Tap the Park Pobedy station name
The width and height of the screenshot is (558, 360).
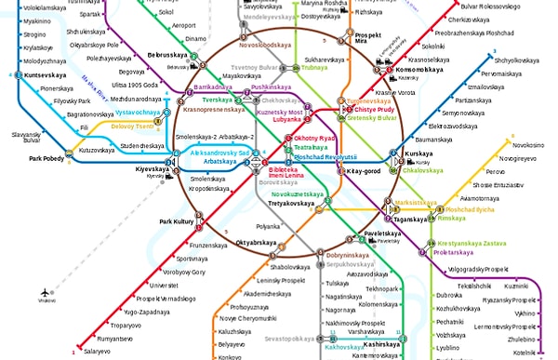[x=47, y=159]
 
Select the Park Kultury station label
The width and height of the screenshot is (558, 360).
[x=177, y=221]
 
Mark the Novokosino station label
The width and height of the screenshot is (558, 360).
[x=526, y=145]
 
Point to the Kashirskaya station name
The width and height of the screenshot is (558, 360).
[x=383, y=344]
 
